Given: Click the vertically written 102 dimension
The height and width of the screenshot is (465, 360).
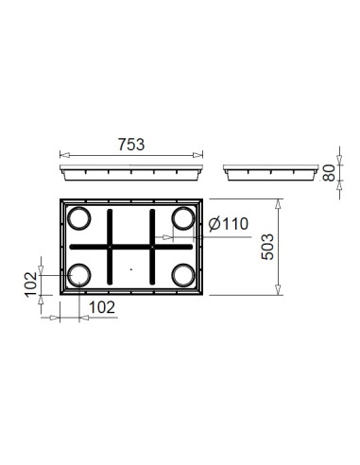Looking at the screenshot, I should coord(29,282).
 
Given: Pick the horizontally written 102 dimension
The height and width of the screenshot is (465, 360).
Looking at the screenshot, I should coord(102,306).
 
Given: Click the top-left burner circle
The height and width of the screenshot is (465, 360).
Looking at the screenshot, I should coord(79,219).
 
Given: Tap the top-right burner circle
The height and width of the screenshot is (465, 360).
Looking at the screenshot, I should coord(183,219).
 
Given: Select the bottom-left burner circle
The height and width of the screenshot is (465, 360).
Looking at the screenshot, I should coord(79,274).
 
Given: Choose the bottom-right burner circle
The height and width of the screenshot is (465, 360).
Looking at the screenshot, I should coord(183,274).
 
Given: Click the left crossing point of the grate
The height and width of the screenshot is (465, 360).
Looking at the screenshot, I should coord(111,247).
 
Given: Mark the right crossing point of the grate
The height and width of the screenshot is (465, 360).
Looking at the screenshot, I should coord(153,247).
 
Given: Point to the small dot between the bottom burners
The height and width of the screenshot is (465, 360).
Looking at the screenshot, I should coord(131,271).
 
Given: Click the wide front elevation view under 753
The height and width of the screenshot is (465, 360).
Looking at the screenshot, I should coord(131,174).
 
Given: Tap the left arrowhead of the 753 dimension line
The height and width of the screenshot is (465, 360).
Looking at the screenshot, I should coord(61,156).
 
